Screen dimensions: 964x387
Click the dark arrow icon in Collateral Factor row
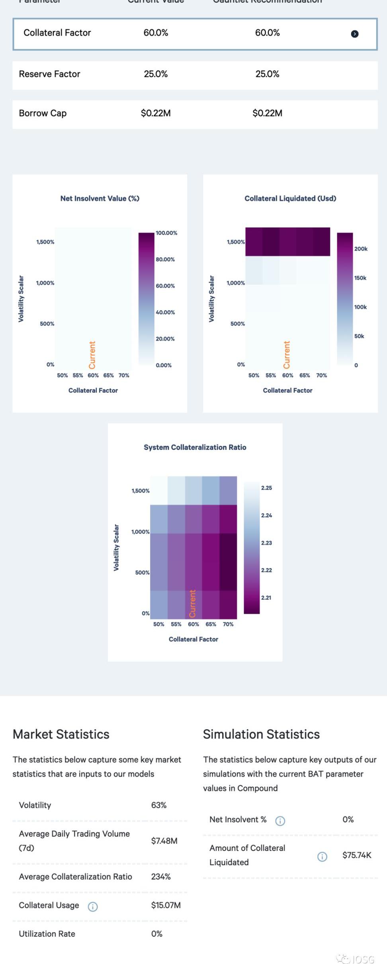pyautogui.click(x=354, y=34)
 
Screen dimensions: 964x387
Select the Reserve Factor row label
pyautogui.click(x=49, y=74)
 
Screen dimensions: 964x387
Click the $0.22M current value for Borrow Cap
pyautogui.click(x=156, y=113)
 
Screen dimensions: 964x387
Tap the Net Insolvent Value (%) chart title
pyautogui.click(x=100, y=198)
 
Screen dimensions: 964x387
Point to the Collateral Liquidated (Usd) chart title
pyautogui.click(x=290, y=198)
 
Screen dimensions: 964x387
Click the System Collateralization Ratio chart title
pyautogui.click(x=195, y=447)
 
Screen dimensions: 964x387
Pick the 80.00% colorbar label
pyautogui.click(x=165, y=259)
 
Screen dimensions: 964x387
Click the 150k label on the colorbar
pyautogui.click(x=360, y=278)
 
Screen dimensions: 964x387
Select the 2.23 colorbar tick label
pyautogui.click(x=266, y=543)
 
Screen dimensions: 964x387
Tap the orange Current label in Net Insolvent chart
pyautogui.click(x=92, y=355)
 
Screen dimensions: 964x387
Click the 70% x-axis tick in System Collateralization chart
pyautogui.click(x=228, y=624)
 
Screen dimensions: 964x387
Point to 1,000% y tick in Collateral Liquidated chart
pyautogui.click(x=235, y=283)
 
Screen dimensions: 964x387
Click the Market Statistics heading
pyautogui.click(x=61, y=734)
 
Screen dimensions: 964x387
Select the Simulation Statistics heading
pyautogui.click(x=261, y=734)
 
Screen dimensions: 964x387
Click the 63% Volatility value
pyautogui.click(x=158, y=805)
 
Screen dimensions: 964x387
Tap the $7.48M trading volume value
pyautogui.click(x=164, y=841)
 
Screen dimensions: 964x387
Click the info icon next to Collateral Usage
pyautogui.click(x=92, y=907)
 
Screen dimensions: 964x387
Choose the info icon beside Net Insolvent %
pyautogui.click(x=280, y=821)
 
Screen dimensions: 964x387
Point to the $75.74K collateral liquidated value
pyautogui.click(x=357, y=855)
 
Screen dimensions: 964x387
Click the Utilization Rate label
pyautogui.click(x=47, y=934)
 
